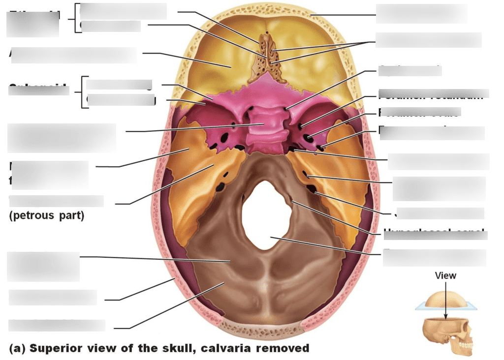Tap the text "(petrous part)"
click(47, 216)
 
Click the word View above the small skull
click(445, 276)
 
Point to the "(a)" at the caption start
click(17, 349)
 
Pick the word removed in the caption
click(286, 349)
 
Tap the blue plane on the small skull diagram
click(423, 307)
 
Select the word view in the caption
click(100, 349)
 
